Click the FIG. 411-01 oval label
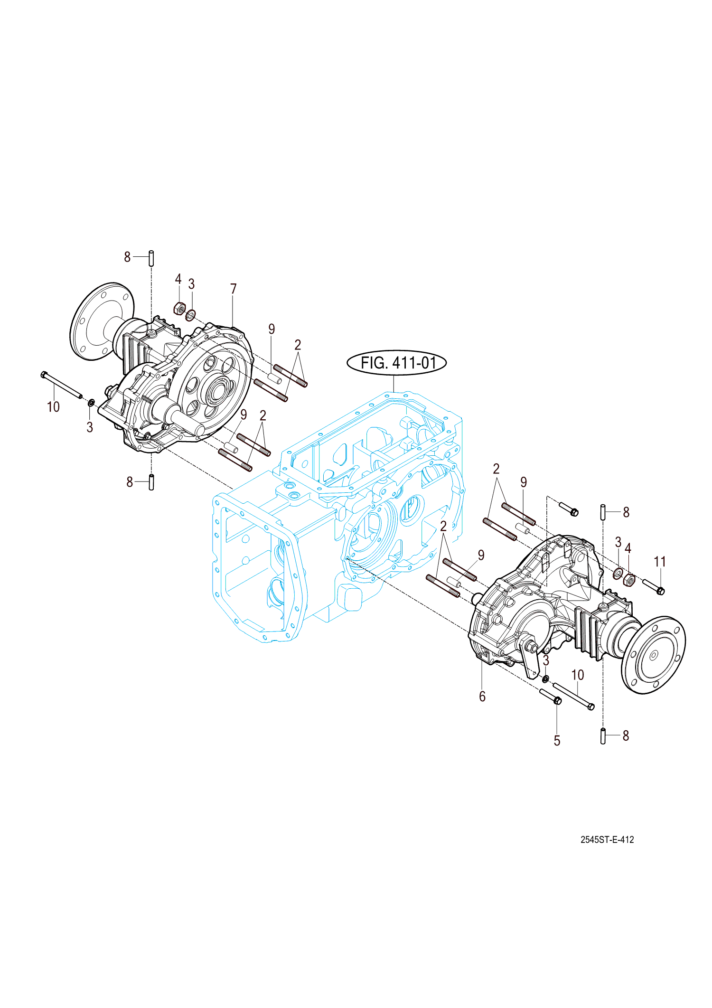397,363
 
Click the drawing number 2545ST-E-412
607,839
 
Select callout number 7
233,289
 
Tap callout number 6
482,697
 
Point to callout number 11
660,562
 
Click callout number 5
557,741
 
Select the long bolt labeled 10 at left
62,385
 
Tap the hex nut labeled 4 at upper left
179,309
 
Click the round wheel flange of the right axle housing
654,655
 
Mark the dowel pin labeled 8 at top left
151,258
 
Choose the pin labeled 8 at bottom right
603,735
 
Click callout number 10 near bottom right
577,675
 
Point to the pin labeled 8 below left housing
151,482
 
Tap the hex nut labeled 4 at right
629,580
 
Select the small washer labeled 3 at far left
91,403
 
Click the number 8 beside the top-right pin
626,512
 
